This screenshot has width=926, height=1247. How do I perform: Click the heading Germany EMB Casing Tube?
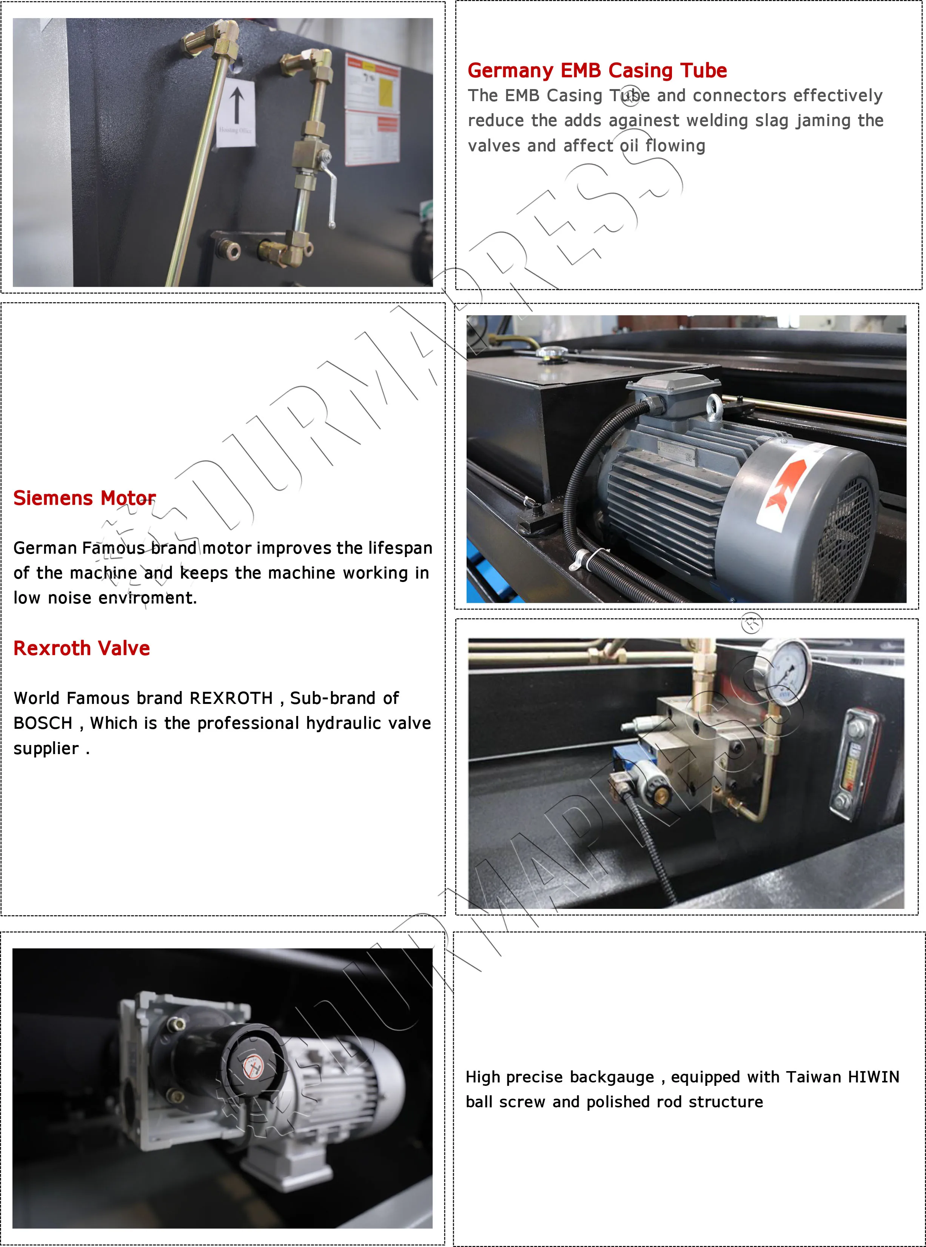(597, 71)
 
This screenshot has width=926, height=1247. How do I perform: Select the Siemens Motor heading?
(85, 498)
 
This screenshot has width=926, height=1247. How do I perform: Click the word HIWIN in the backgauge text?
(873, 1077)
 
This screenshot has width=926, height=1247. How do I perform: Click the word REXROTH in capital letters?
(231, 698)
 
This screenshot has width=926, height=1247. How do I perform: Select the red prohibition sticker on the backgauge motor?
(253, 1068)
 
